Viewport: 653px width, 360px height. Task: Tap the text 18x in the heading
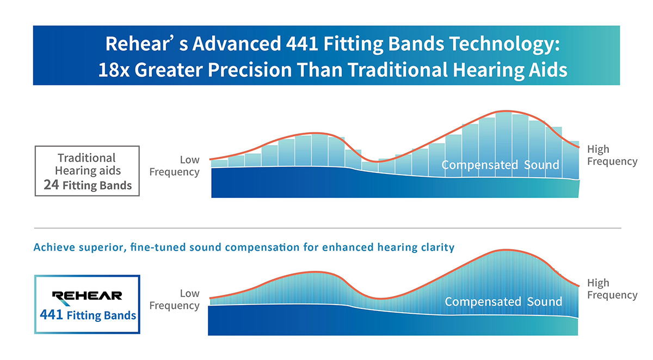pos(114,71)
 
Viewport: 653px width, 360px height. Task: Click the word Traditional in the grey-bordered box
pos(87,158)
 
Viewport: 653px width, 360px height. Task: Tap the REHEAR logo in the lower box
pos(87,296)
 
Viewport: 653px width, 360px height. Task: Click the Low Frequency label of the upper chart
pos(175,166)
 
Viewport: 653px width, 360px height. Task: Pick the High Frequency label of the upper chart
pos(612,156)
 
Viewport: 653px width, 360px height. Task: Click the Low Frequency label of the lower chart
pos(175,300)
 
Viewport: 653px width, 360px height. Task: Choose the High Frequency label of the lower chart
pos(612,289)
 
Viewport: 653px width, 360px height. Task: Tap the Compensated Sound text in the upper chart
pos(500,165)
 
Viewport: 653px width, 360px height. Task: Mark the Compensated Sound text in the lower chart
pos(503,301)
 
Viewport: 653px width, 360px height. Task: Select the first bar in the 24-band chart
pos(219,163)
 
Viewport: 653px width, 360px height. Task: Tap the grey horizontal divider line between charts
pos(326,228)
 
